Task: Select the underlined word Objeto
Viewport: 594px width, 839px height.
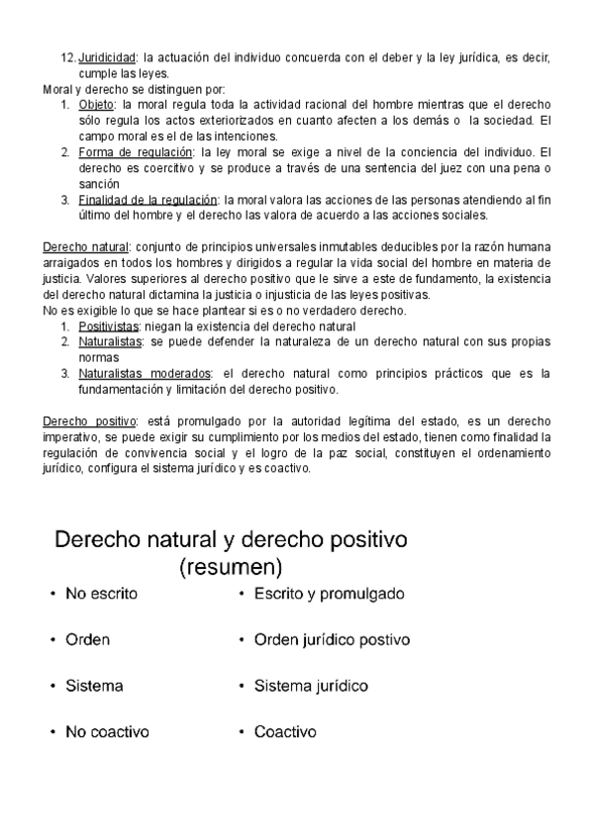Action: point(96,104)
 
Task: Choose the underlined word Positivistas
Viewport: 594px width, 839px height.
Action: point(109,326)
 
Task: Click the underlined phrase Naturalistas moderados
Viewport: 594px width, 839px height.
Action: point(145,374)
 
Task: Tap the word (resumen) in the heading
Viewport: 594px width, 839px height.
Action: point(231,568)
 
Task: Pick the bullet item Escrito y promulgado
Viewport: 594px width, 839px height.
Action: point(329,595)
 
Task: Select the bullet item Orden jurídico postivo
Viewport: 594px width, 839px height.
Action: point(332,640)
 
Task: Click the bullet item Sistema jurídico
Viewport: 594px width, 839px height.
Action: point(311,686)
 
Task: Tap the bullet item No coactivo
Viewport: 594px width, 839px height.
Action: point(107,732)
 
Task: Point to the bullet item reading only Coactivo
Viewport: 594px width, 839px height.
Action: point(285,732)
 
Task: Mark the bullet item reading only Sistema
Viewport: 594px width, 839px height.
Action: point(94,686)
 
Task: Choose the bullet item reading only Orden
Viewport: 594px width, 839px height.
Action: point(88,640)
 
